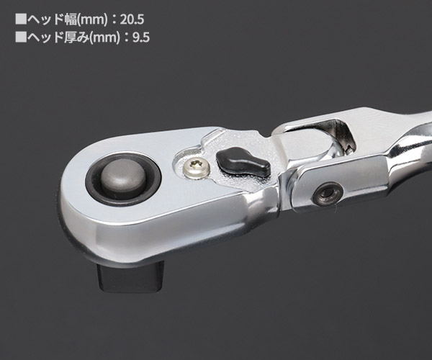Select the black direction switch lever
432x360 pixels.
[242, 161]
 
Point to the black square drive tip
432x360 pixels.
[130, 276]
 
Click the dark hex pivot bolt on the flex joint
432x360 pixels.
[328, 194]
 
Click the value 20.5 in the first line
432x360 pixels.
[132, 19]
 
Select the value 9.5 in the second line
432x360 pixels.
[141, 37]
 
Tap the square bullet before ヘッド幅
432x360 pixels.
[21, 19]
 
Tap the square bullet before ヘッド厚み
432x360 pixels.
[21, 37]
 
